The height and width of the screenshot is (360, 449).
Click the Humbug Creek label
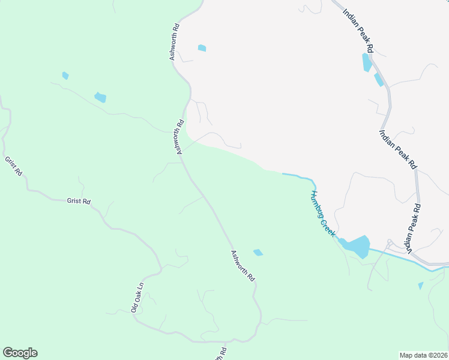point(322,214)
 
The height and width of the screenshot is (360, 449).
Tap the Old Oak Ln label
point(137,298)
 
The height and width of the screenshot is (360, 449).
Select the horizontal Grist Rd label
point(79,202)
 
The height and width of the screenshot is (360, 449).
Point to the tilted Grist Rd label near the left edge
point(13,166)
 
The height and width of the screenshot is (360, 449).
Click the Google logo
point(20,353)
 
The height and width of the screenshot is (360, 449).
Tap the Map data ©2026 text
point(423,355)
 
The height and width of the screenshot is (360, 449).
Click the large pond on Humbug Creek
point(357,246)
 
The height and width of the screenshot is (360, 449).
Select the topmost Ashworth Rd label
point(175,42)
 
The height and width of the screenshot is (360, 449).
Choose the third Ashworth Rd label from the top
point(243,266)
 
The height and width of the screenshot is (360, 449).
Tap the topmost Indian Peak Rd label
point(359,30)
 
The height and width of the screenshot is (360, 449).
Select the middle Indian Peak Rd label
point(397,148)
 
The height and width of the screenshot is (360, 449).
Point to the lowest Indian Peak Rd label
point(413,228)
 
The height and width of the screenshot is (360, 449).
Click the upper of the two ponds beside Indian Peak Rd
point(366,62)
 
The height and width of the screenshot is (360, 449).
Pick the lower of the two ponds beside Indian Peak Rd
point(379,80)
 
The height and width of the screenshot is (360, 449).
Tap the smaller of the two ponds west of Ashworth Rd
point(65,76)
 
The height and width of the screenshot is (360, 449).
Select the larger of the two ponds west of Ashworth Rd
point(100,97)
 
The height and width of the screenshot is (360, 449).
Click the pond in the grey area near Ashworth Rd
point(202,48)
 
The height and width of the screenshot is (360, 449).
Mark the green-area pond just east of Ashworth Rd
point(258,253)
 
